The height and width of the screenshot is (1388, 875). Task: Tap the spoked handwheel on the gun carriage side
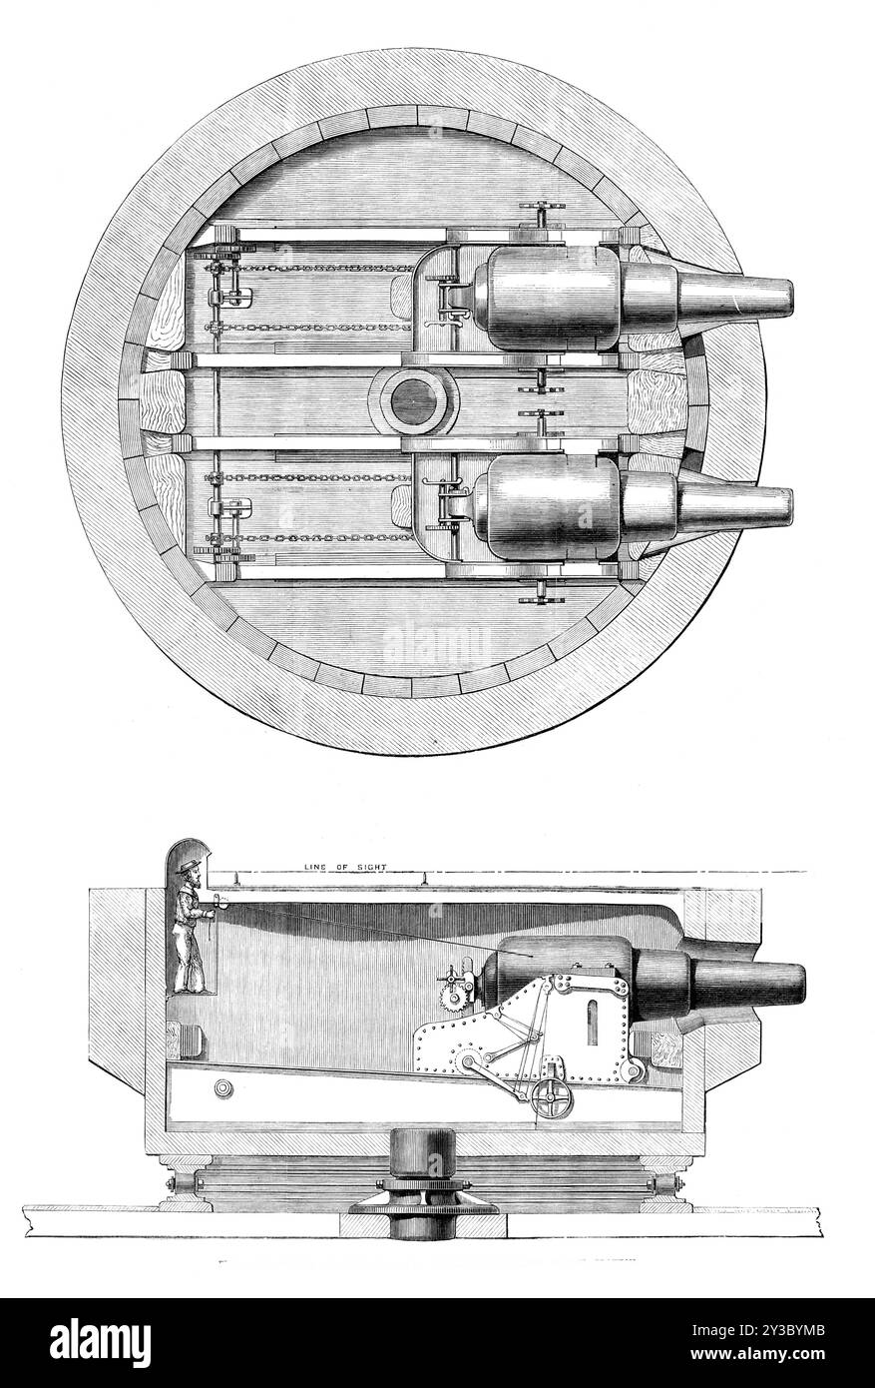click(x=550, y=1098)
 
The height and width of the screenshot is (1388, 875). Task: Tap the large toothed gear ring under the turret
click(x=423, y=1208)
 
